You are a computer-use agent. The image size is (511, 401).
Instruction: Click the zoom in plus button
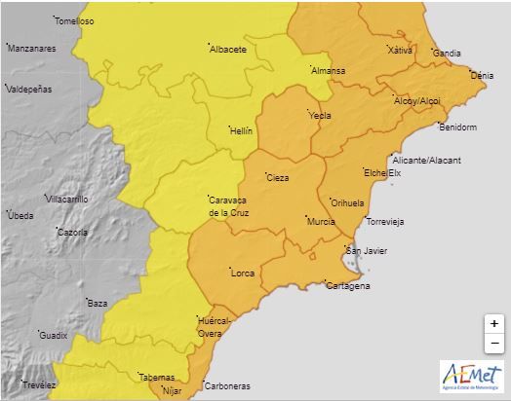pos(494,323)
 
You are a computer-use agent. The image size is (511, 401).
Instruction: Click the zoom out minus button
pos(494,343)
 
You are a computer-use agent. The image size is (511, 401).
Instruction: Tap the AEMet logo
pos(472,375)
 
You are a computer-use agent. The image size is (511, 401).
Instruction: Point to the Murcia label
pos(321,222)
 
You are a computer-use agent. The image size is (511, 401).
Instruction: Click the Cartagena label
pos(347,286)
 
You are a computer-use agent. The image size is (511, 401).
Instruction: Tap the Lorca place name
pos(241,273)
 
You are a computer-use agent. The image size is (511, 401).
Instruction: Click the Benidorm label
pos(457,128)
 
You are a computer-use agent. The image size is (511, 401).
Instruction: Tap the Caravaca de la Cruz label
pos(232,205)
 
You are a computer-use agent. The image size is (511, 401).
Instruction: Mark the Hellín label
pos(240,130)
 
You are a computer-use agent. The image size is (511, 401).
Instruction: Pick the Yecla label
pos(320,115)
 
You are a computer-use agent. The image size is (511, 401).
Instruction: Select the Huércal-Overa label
pos(214,325)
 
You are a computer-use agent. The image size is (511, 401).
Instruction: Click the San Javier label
pos(367,251)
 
